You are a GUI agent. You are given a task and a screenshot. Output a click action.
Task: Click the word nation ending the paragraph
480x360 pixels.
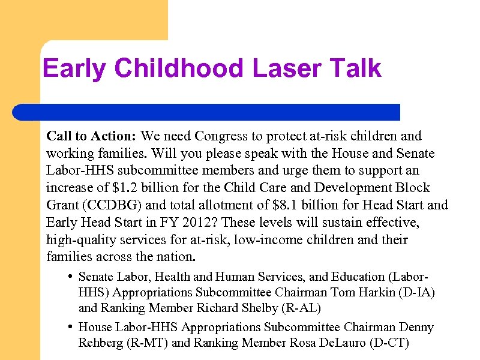coord(177,257)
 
